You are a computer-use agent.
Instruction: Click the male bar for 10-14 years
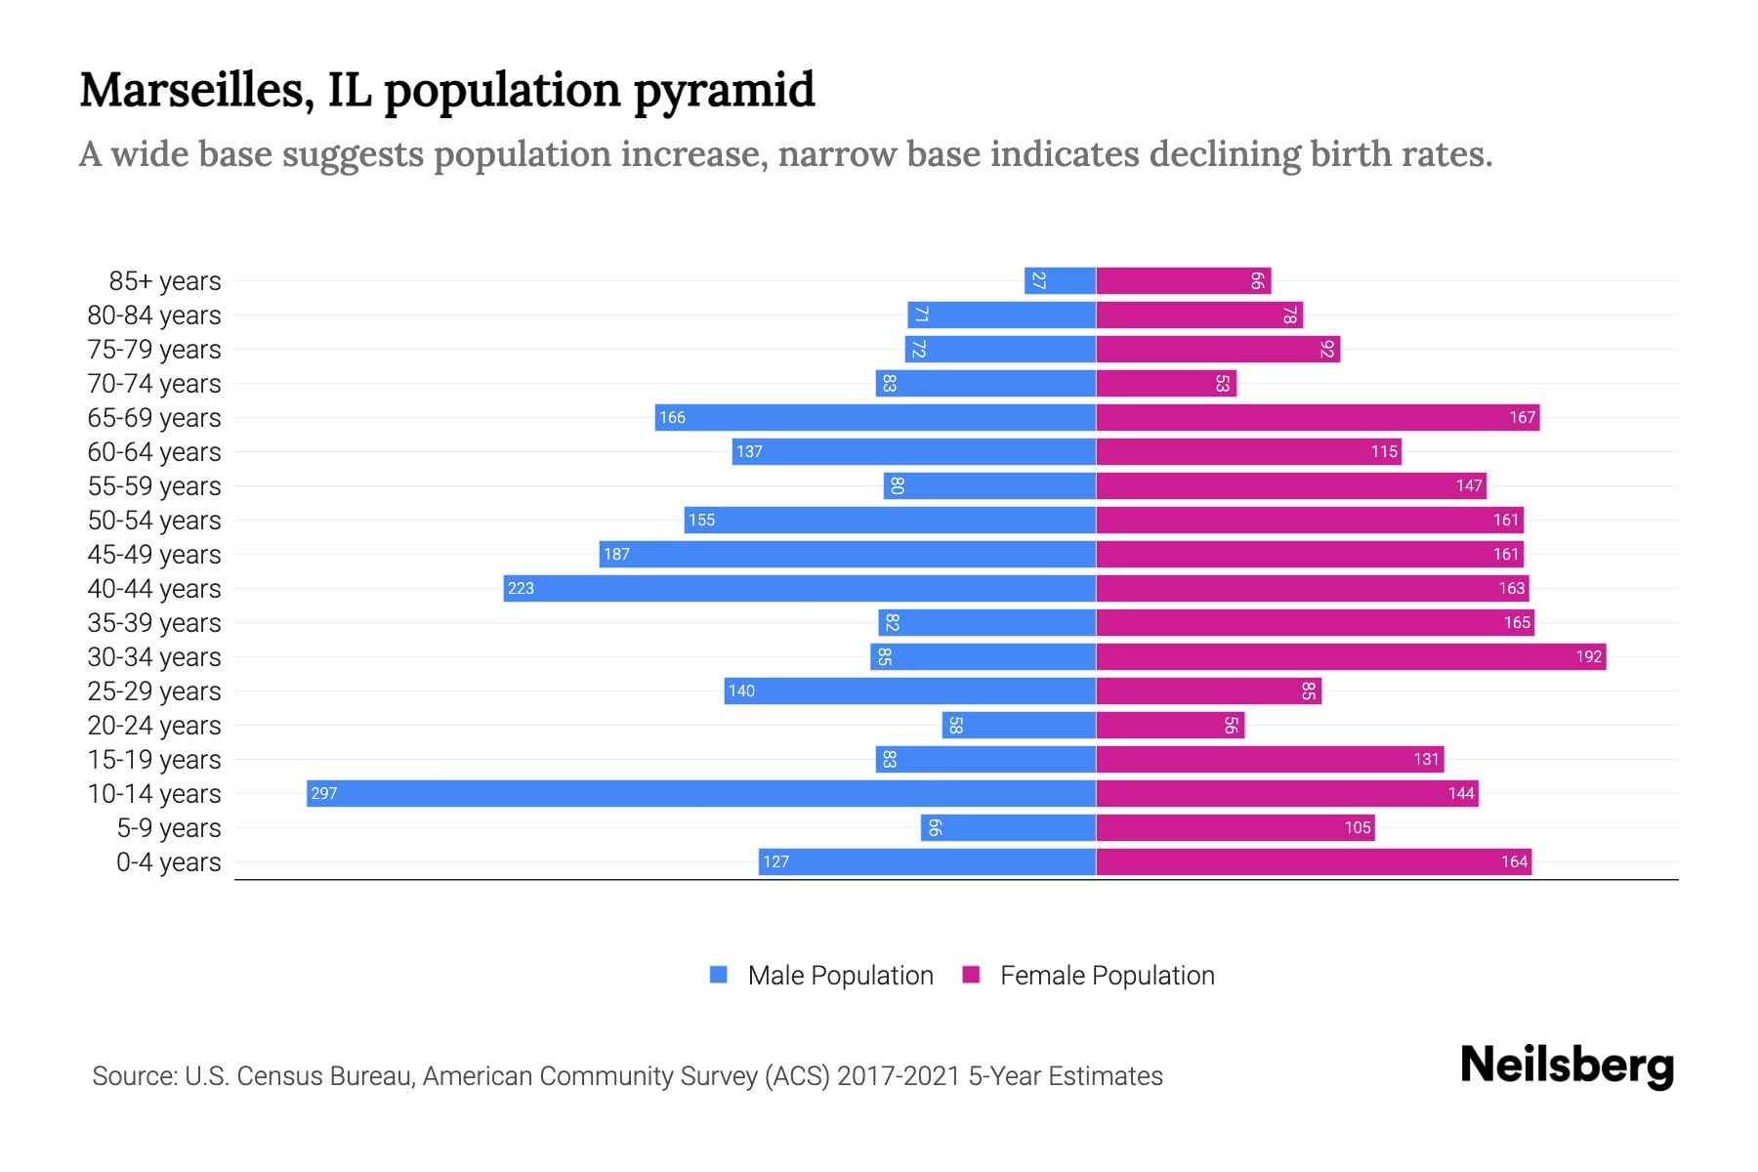(700, 793)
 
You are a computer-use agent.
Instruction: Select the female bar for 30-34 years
(1351, 656)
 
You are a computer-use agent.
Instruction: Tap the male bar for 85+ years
(1060, 280)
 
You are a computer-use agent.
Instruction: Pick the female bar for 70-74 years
(1166, 383)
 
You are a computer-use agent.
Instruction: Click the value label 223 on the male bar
(521, 588)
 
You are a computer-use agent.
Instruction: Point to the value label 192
(1588, 656)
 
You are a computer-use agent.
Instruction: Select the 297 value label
(323, 793)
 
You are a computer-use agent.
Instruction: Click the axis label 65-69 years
(154, 418)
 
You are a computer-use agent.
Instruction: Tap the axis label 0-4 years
(168, 862)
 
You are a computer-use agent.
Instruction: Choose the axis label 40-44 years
(154, 589)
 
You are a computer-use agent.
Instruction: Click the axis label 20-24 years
(154, 726)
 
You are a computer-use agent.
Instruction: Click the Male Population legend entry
(840, 976)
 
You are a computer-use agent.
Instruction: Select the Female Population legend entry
(1107, 976)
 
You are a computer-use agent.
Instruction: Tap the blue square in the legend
(719, 975)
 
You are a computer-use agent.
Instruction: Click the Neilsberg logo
(1567, 1066)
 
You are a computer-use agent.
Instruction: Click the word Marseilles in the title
(196, 90)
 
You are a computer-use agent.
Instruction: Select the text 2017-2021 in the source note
(899, 1076)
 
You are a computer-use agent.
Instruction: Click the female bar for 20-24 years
(1170, 725)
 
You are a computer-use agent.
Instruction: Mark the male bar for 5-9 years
(1008, 827)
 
